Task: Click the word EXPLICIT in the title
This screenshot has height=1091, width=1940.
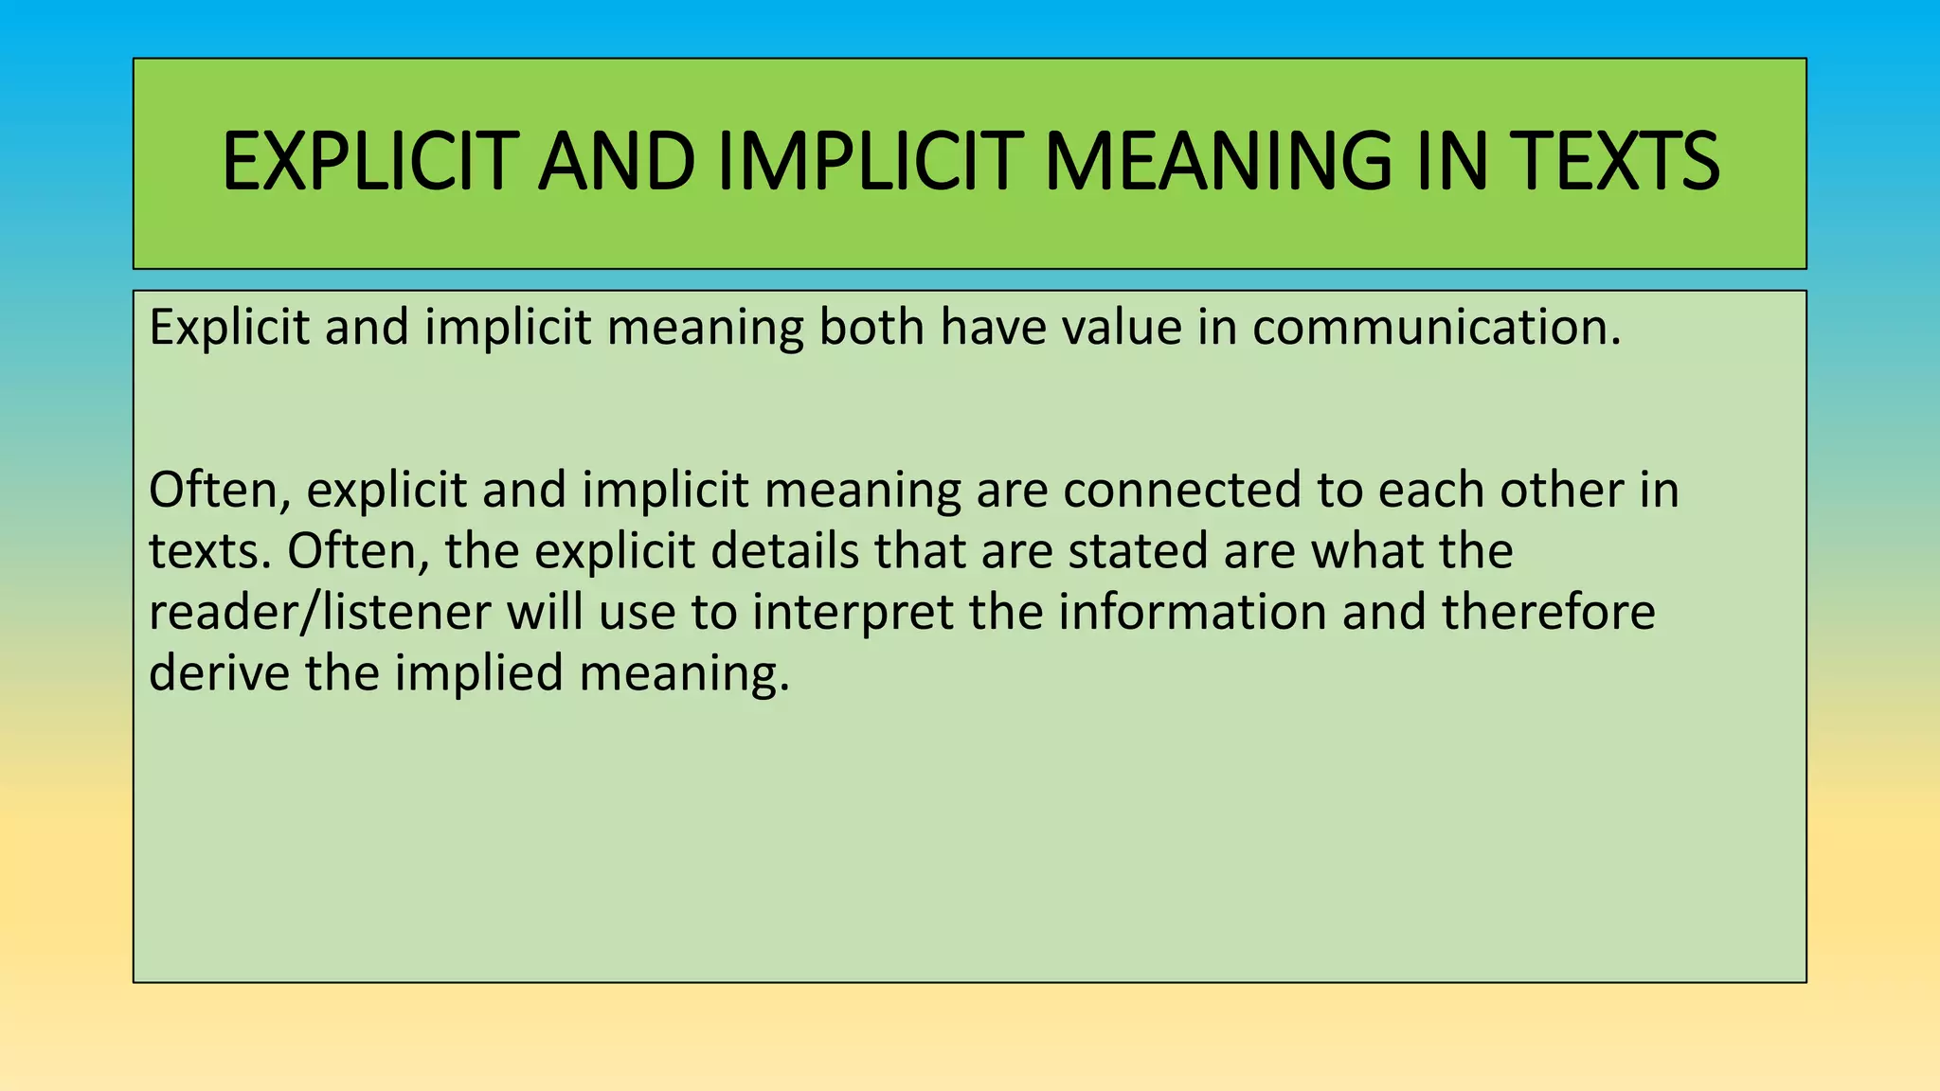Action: coord(370,162)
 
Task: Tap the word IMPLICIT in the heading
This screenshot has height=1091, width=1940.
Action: coord(871,162)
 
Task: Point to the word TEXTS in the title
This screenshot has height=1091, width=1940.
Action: coord(1614,162)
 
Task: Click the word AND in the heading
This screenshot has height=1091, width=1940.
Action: coord(617,162)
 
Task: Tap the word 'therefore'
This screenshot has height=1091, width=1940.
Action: coord(1549,613)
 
